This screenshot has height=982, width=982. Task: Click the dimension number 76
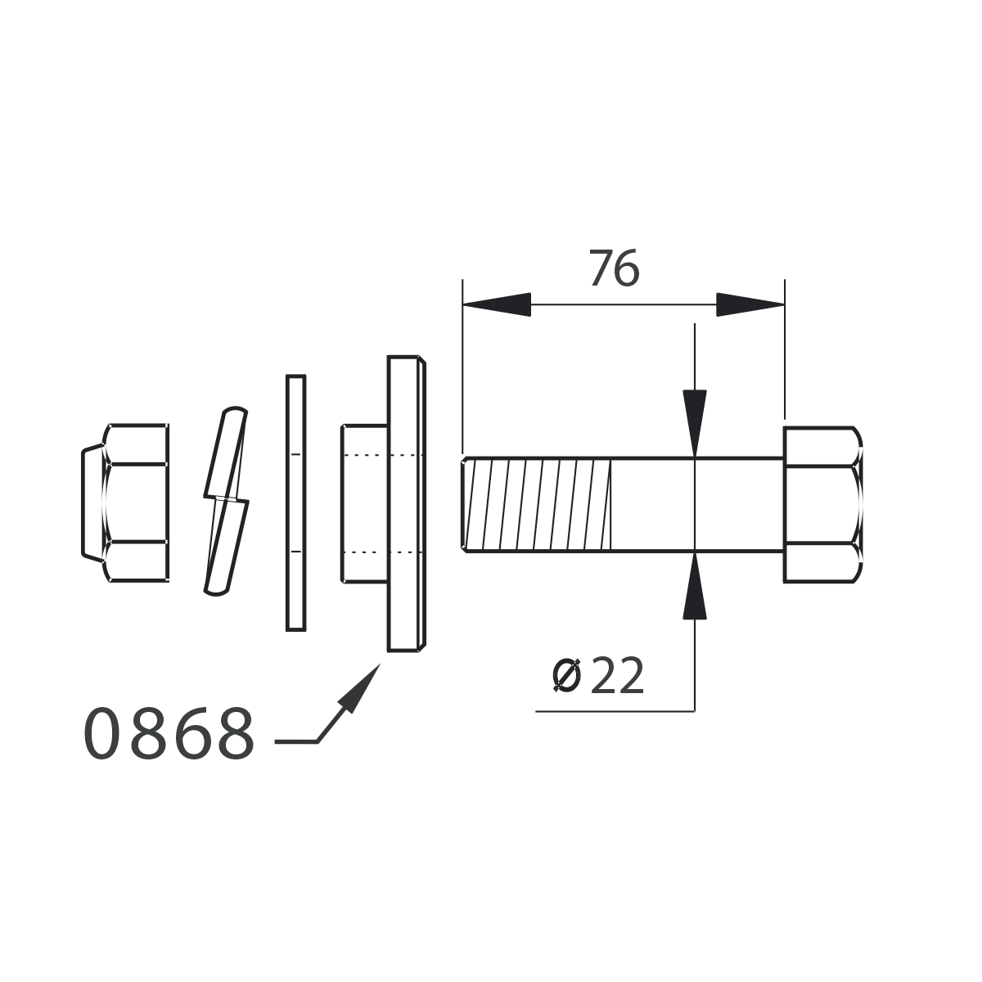pos(614,268)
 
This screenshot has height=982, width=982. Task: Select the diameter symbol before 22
pos(566,676)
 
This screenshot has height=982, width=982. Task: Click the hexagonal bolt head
pos(823,505)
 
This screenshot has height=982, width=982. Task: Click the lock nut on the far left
pos(125,502)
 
